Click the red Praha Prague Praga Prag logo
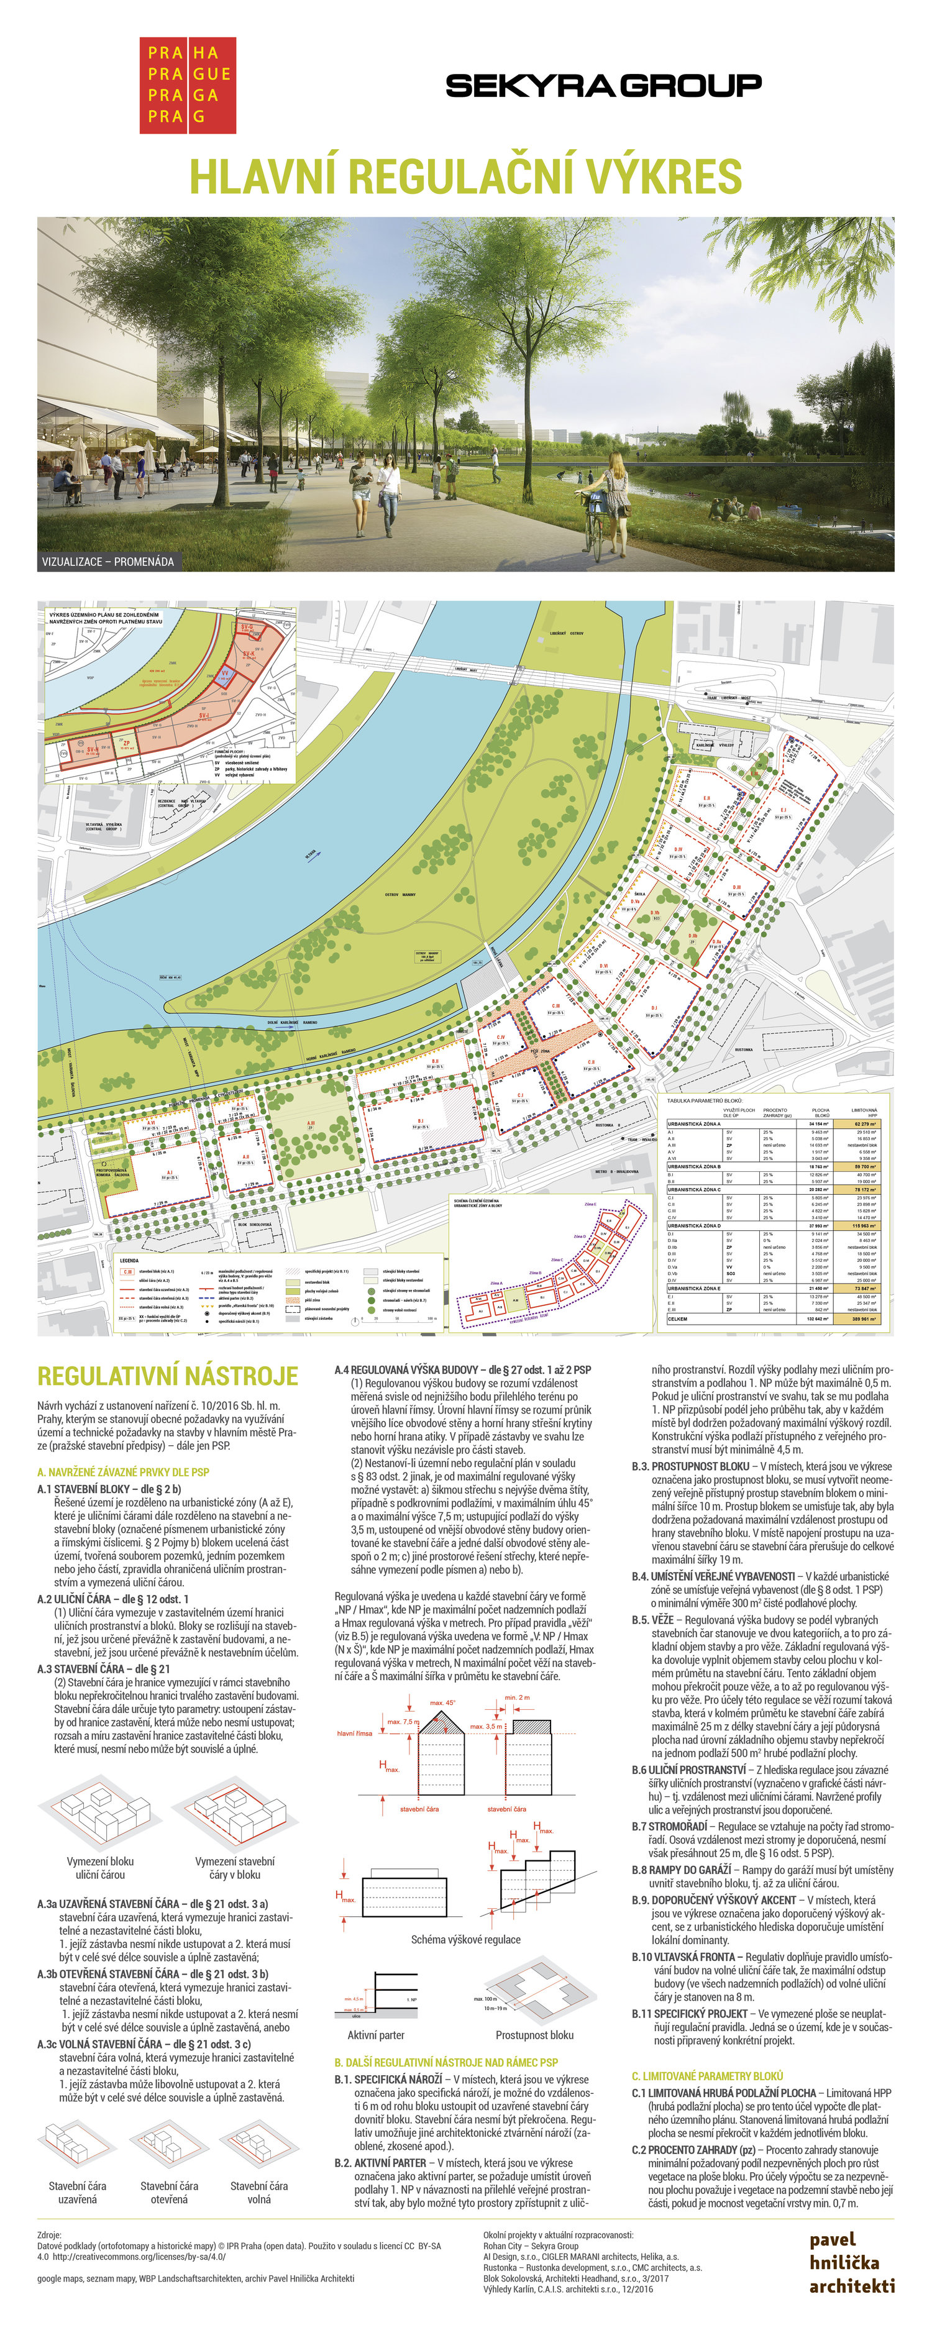point(187,85)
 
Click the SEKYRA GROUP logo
point(603,86)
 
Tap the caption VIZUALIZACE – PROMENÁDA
point(107,562)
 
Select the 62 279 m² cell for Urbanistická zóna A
point(865,1123)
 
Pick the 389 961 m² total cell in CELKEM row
point(865,1318)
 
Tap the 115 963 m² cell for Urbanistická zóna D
point(865,1226)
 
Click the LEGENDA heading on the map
point(129,1260)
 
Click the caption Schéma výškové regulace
point(465,1939)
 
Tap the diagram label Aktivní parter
point(375,2035)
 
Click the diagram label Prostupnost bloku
point(534,2035)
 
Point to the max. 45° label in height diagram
point(442,1703)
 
